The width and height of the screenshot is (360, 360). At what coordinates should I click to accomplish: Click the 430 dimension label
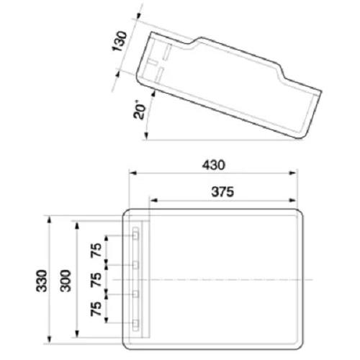pyautogui.click(x=213, y=165)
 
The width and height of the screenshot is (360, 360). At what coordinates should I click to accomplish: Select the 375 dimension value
pyautogui.click(x=222, y=192)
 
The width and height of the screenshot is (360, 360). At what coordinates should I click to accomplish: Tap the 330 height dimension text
pyautogui.click(x=42, y=281)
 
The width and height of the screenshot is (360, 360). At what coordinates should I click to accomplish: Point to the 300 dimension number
pyautogui.click(x=66, y=281)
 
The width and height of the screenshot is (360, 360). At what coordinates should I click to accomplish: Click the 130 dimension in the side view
pyautogui.click(x=120, y=41)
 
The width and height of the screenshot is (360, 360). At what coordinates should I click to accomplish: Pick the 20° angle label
pyautogui.click(x=140, y=111)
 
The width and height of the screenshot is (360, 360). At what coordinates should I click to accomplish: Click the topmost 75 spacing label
pyautogui.click(x=96, y=251)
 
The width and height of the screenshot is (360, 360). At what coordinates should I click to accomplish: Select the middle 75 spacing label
pyautogui.click(x=96, y=279)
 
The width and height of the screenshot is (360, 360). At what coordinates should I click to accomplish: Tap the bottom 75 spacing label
pyautogui.click(x=96, y=309)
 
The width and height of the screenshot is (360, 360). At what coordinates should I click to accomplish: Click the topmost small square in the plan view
pyautogui.click(x=136, y=236)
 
